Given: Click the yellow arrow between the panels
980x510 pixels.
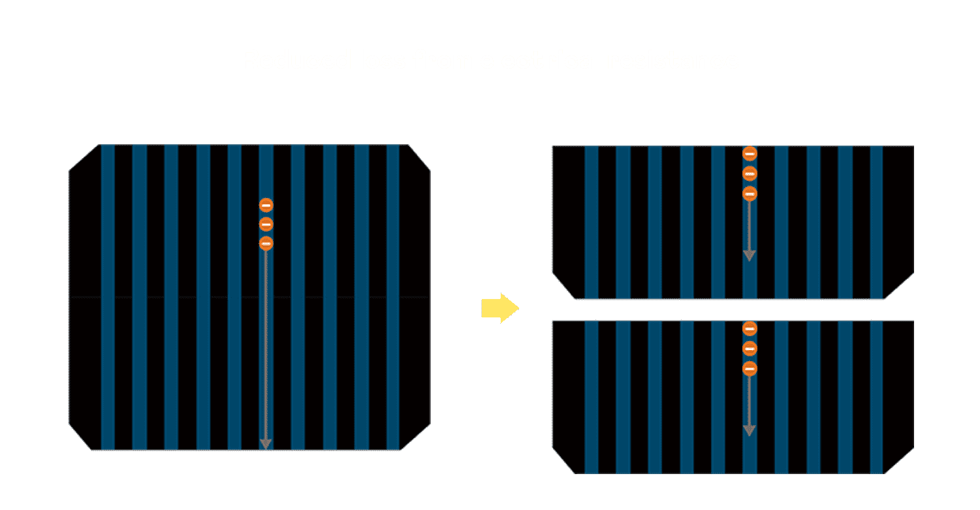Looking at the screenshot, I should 500,308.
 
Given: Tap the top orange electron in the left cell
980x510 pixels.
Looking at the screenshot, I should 266,205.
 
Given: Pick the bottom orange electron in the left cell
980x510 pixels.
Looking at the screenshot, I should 266,244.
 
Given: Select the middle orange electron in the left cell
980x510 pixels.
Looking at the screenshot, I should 266,225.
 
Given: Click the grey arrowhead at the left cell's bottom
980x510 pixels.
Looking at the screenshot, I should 266,444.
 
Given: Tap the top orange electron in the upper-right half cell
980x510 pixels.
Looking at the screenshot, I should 750,154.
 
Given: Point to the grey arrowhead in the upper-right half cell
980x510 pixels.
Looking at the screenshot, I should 750,255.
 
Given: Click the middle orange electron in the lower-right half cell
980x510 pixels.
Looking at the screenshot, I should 750,349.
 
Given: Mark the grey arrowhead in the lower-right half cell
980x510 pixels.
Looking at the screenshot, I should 750,430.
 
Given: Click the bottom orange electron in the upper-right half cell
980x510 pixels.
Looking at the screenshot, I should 750,193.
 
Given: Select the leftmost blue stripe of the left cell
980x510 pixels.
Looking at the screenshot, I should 108,297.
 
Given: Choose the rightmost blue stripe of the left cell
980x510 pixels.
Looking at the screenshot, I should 393,297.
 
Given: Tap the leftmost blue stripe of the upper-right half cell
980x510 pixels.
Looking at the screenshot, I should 592,222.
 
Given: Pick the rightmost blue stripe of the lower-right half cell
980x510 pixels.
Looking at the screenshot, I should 876,396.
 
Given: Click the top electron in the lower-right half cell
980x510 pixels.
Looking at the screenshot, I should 750,329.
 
